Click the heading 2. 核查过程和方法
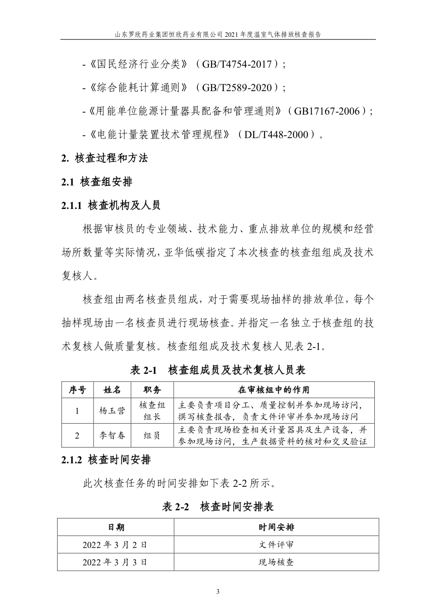tap(105, 158)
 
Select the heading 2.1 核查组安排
tap(97, 182)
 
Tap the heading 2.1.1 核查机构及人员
tap(111, 205)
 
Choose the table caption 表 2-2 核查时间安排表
tap(218, 507)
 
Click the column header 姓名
tap(112, 390)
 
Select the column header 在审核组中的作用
tap(274, 390)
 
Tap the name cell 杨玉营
tap(112, 411)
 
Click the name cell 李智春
tap(112, 436)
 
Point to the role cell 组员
tap(152, 436)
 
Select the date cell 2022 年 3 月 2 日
tap(115, 545)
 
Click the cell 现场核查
tap(276, 562)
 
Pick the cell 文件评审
tap(276, 545)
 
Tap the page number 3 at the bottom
tap(218, 592)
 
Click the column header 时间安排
tap(276, 527)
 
